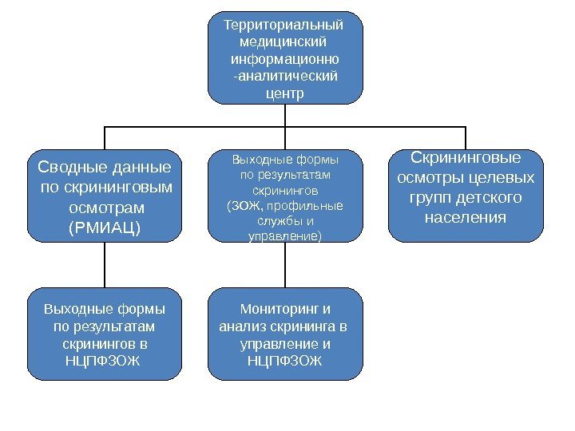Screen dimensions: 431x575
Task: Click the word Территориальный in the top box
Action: pyautogui.click(x=285, y=25)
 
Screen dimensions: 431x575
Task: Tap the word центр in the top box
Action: pyautogui.click(x=285, y=93)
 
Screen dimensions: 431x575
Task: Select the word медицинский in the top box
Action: pyautogui.click(x=285, y=42)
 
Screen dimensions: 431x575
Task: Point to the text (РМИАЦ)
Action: pyautogui.click(x=105, y=227)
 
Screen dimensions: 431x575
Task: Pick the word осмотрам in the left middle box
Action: pyautogui.click(x=105, y=208)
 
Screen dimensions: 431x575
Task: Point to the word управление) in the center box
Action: pyautogui.click(x=285, y=236)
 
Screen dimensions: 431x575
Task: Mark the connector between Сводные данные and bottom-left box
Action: pyautogui.click(x=105, y=265)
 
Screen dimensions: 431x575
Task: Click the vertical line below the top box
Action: pyautogui.click(x=285, y=116)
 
